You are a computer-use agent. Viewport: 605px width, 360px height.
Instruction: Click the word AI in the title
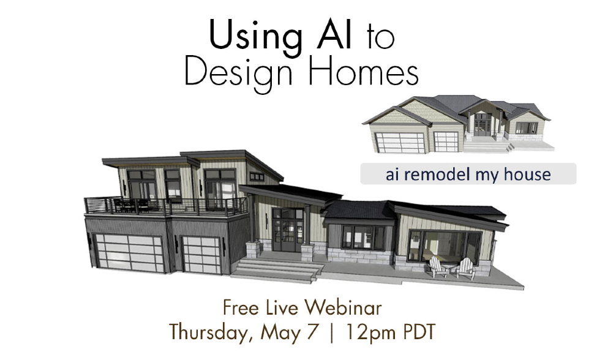click(x=334, y=35)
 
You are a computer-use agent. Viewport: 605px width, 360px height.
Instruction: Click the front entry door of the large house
click(x=288, y=230)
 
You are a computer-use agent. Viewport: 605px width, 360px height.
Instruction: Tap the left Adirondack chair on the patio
click(x=438, y=267)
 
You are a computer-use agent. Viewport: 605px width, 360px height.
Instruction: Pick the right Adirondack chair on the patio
click(x=465, y=269)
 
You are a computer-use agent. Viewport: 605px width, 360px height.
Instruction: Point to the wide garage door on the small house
click(x=400, y=143)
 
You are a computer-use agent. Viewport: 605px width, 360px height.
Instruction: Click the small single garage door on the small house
click(x=446, y=141)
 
